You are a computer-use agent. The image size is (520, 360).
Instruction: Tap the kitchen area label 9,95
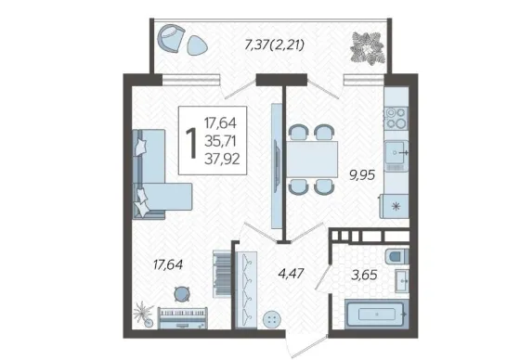click(362, 174)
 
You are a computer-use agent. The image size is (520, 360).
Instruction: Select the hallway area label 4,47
click(291, 274)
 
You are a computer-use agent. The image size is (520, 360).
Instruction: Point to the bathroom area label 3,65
click(364, 275)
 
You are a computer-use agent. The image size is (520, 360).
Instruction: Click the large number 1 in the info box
click(191, 143)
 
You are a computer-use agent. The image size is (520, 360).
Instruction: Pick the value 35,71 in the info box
click(221, 142)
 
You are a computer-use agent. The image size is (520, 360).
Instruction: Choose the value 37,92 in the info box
click(222, 160)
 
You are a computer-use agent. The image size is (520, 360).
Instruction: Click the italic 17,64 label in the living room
click(168, 264)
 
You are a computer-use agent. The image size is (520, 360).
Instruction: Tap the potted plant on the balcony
click(368, 47)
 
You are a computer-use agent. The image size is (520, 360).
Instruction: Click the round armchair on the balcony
click(171, 38)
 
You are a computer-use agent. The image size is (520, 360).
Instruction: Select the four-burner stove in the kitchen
click(396, 118)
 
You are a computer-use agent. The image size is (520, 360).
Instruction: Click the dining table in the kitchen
click(312, 159)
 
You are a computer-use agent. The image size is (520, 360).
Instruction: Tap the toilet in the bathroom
click(396, 257)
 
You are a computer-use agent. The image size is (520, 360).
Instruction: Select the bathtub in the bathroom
click(376, 314)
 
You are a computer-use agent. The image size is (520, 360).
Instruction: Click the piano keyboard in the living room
click(182, 318)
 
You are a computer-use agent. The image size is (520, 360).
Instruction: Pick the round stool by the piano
click(182, 293)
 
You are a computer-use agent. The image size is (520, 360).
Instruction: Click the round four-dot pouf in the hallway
click(272, 319)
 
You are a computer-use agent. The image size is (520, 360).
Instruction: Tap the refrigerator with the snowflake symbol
click(395, 206)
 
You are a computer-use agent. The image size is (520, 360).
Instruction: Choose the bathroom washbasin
click(401, 281)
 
